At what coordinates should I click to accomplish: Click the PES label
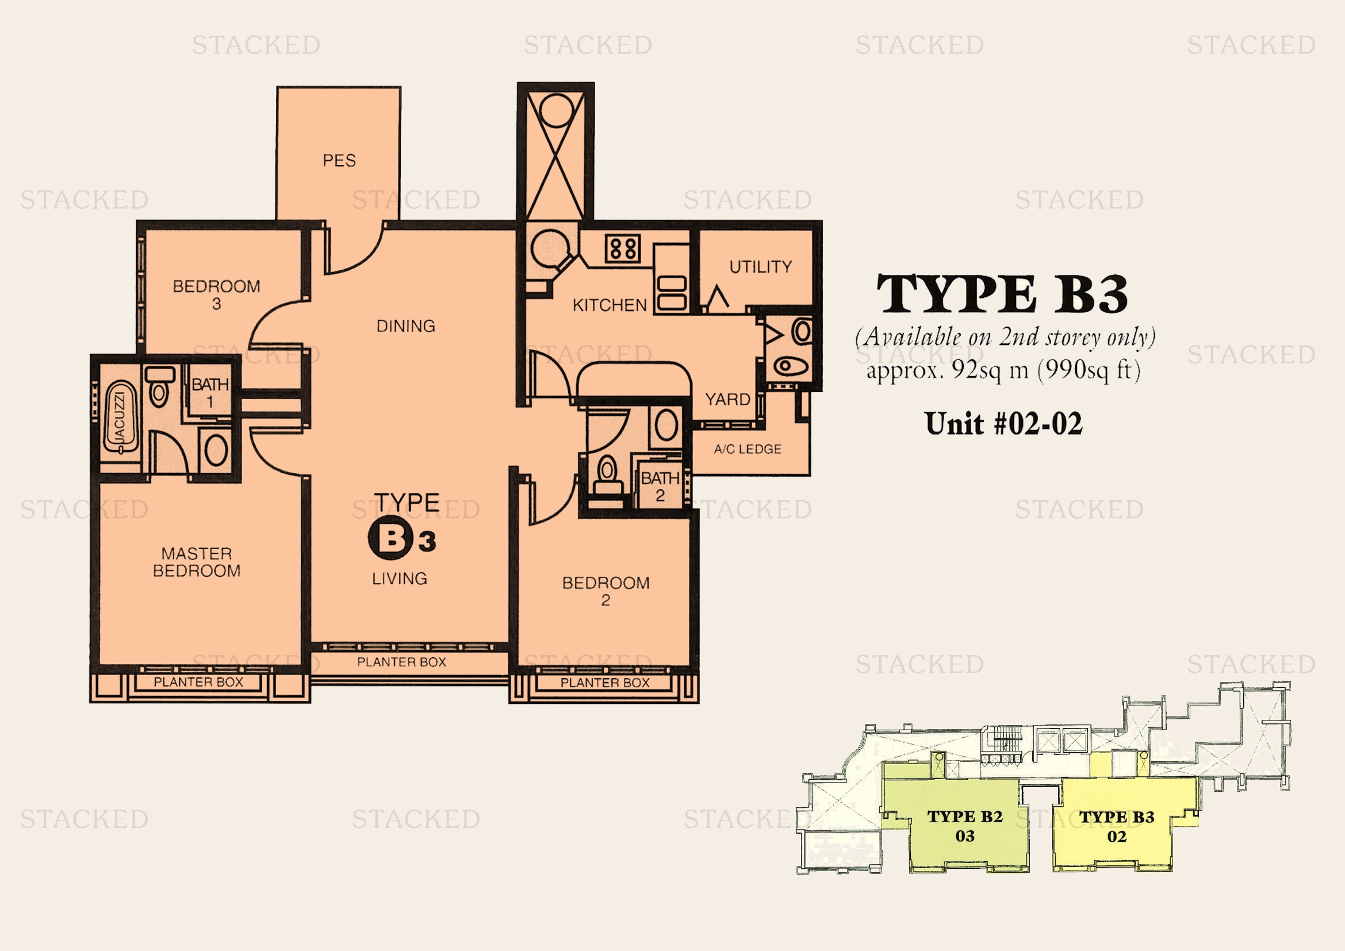(x=339, y=160)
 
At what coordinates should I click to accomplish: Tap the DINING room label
(x=406, y=326)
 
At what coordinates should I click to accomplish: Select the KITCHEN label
(x=610, y=305)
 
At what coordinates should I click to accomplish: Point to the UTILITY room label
(x=760, y=267)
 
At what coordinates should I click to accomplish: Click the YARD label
(x=727, y=400)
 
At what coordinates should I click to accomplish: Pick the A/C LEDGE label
(x=748, y=449)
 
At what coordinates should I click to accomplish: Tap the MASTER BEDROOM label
(x=197, y=562)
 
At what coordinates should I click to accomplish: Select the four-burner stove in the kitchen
(x=623, y=248)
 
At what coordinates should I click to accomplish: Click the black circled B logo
(x=387, y=539)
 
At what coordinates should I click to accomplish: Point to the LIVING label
(x=400, y=578)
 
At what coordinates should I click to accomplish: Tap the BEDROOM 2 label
(x=606, y=592)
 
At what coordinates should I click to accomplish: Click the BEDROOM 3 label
(x=216, y=295)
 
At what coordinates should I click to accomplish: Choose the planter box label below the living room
(x=402, y=662)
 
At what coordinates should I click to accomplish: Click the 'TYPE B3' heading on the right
(x=1002, y=294)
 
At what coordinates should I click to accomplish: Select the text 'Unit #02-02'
(x=1003, y=423)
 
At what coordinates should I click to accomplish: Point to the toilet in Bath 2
(x=607, y=475)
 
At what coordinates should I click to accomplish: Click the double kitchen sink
(x=671, y=293)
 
